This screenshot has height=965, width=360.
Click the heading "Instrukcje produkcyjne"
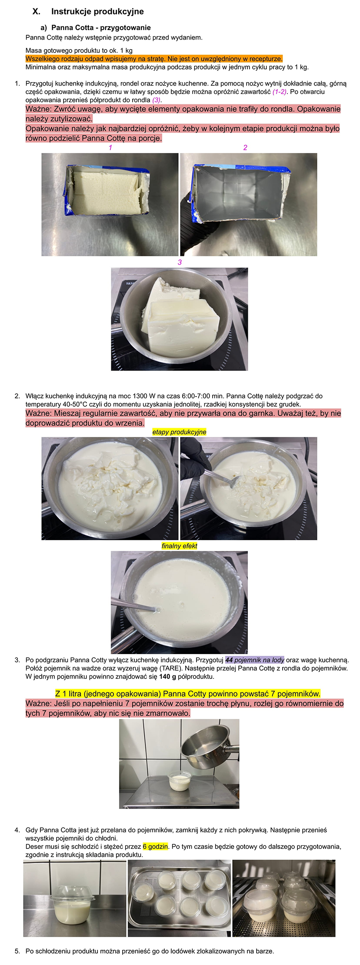97,12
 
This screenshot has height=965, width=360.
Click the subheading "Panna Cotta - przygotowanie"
101,28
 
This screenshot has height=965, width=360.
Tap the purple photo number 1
110,148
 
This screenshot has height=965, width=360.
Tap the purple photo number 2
245,148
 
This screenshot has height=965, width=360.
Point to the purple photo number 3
180,262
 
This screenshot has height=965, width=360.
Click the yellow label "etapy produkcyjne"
179,432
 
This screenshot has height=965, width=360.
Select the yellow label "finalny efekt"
179,546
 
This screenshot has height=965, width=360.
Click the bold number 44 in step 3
229,660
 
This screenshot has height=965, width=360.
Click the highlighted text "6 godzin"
155,846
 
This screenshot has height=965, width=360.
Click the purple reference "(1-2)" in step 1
280,92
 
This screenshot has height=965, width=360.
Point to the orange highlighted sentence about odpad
154,59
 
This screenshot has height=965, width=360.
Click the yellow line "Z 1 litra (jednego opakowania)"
188,693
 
